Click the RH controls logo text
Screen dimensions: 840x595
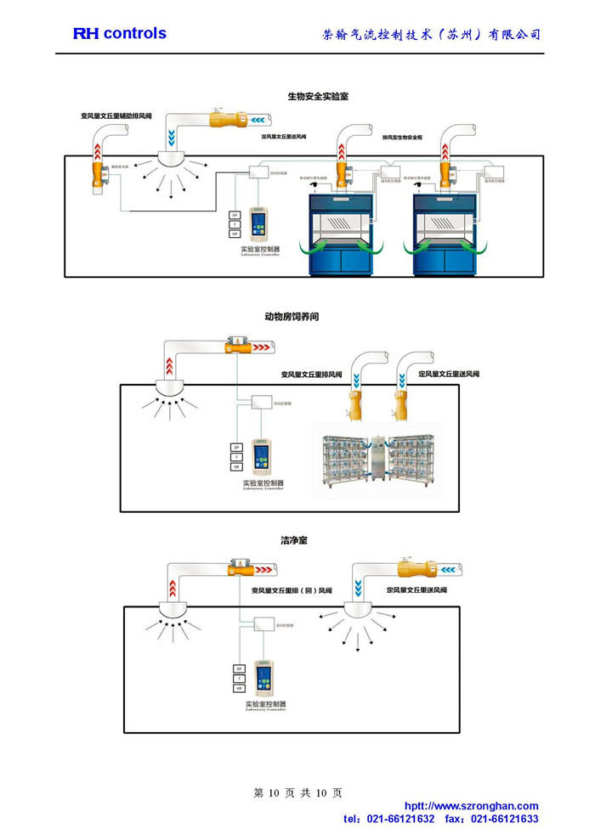point(119,33)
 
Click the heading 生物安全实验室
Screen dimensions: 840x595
point(318,97)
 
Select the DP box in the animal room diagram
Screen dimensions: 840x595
point(235,448)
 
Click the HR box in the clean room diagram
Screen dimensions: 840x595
point(239,689)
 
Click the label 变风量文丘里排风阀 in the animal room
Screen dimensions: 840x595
point(311,375)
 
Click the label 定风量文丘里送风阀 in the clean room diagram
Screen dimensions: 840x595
point(416,590)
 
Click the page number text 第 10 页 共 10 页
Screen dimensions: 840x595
point(297,792)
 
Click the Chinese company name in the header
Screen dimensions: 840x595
point(432,35)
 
